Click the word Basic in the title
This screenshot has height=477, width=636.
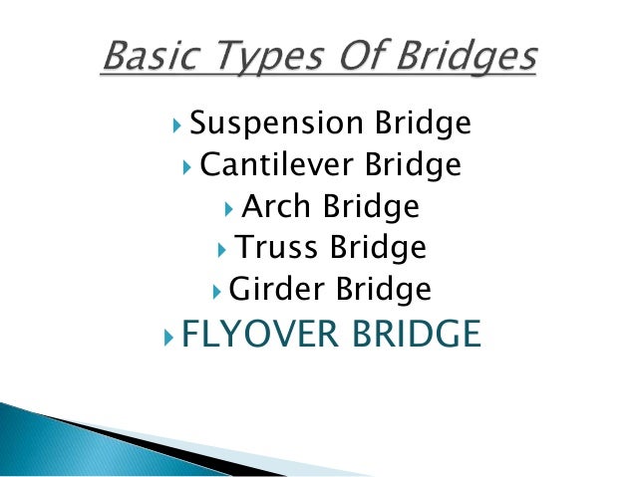(x=153, y=58)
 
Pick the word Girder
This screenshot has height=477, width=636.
(x=271, y=290)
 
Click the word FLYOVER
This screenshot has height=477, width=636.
(x=262, y=335)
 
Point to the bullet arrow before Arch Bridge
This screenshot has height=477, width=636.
(x=230, y=208)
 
